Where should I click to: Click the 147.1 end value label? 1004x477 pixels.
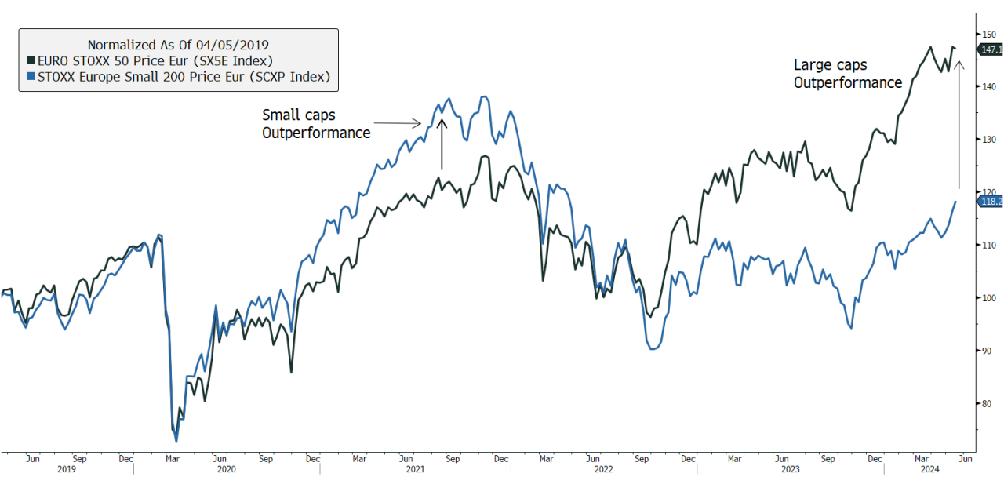[x=991, y=49]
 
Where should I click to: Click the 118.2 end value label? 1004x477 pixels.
[x=991, y=202]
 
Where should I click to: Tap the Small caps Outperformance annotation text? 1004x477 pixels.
[x=315, y=124]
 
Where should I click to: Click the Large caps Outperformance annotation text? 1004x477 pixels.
[x=847, y=74]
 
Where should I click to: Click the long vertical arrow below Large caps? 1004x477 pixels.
[x=959, y=118]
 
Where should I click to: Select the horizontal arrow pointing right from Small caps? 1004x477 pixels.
[x=398, y=122]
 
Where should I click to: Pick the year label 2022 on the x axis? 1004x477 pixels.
[x=603, y=469]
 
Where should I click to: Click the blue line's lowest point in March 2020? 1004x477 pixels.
[x=176, y=441]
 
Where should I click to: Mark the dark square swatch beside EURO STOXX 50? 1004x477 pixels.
[x=31, y=60]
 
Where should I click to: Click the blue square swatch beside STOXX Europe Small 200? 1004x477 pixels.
[x=31, y=77]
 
